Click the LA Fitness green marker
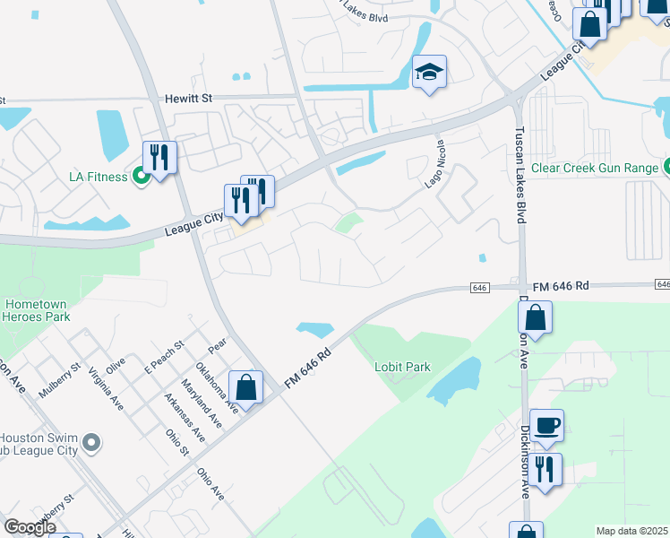point(141,176)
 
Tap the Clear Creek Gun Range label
point(594,167)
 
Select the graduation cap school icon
point(429,73)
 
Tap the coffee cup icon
point(545,425)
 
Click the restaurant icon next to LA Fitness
point(159,158)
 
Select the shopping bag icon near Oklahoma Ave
point(245,387)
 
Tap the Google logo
point(30,527)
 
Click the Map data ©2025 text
point(631,531)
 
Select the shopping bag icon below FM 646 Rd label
point(535,318)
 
